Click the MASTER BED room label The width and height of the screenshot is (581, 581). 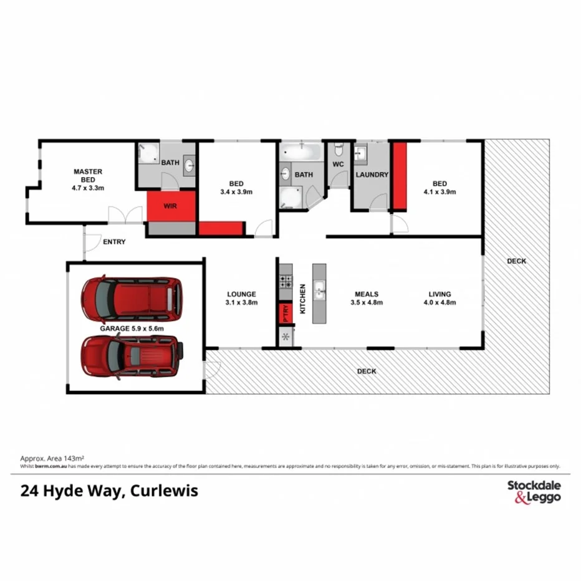click(88, 179)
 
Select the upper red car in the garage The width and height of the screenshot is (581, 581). click(132, 297)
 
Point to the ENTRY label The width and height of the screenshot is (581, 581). click(114, 242)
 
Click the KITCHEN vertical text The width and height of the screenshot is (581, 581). click(303, 299)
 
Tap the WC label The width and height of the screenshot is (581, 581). click(338, 165)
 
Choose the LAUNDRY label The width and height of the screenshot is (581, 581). click(372, 175)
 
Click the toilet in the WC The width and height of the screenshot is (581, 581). click(339, 150)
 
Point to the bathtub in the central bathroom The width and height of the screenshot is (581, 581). click(301, 151)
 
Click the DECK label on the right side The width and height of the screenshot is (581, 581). click(516, 261)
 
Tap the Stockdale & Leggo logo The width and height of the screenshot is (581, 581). click(534, 491)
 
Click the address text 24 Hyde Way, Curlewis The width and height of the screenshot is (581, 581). click(109, 491)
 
